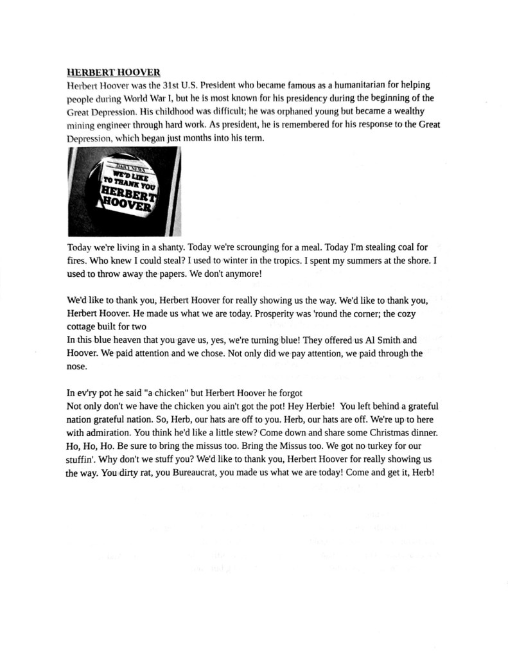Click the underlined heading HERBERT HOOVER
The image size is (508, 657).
(x=113, y=72)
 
